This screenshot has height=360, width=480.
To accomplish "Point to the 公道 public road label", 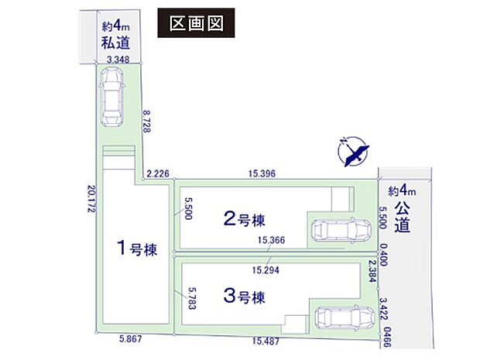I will click(x=402, y=216).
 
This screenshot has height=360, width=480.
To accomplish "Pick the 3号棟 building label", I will click(x=242, y=296).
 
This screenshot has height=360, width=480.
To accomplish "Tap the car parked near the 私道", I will click(x=113, y=95).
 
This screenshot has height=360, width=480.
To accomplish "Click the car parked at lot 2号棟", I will click(x=341, y=231).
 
